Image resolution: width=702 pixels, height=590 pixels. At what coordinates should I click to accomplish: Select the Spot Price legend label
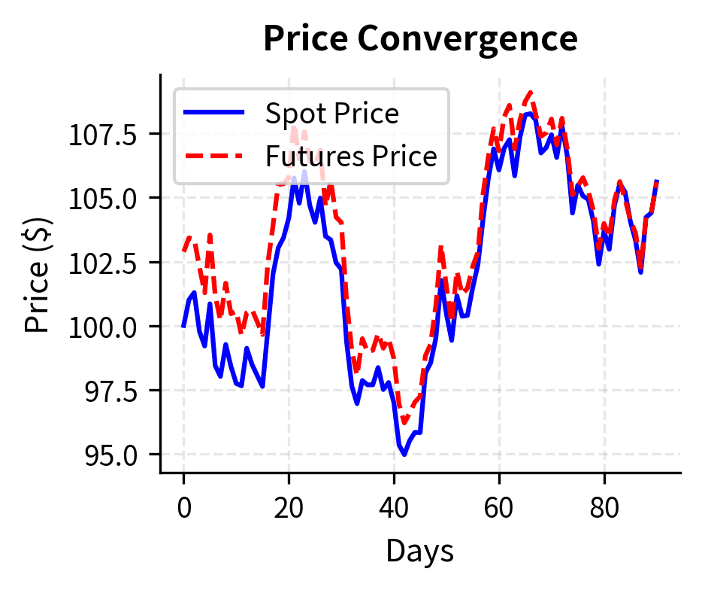point(331,114)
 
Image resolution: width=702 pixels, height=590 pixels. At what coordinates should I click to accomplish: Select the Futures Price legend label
point(350,157)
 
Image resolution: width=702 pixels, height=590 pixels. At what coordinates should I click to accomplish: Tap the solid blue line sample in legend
point(214,113)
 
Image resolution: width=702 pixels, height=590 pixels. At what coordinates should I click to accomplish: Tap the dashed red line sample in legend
point(214,156)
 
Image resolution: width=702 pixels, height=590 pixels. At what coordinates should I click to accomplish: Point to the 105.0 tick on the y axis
point(103,199)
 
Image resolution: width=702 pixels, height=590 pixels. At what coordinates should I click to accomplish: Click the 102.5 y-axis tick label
point(103,263)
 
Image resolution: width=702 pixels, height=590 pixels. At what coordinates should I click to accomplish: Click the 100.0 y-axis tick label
point(103,327)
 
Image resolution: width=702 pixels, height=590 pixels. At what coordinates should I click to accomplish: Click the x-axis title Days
point(419,552)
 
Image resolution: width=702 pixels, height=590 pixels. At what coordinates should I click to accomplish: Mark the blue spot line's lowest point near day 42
point(404,455)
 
